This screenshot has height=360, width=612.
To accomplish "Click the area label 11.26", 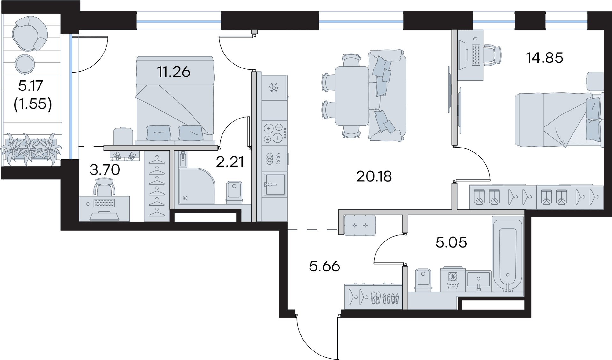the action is point(174,72).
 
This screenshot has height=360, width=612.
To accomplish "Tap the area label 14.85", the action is point(544,58).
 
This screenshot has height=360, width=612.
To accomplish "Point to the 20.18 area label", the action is point(374,176).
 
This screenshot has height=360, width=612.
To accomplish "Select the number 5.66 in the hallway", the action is point(324,266).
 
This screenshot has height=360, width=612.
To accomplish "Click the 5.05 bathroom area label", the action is point(451,242).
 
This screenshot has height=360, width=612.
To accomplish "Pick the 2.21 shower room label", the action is point(230,162).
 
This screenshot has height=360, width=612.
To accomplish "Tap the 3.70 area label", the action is point(105,170).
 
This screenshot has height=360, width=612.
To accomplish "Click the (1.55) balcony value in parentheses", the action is point(33,104).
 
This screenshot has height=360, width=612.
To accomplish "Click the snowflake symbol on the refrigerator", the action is point(273,88).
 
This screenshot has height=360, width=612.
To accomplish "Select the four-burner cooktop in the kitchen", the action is point(274,133).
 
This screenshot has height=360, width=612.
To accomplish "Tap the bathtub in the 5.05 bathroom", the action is point(508,254).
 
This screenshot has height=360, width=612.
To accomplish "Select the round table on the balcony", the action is point(25,64).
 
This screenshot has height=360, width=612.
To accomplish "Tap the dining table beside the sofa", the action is point(352,96).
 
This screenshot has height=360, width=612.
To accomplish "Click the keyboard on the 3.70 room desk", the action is point(104,203).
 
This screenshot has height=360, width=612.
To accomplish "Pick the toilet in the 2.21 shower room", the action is point(234,192).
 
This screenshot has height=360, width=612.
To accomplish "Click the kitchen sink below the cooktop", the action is point(274,184).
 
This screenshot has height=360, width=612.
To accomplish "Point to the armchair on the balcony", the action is point(30,33).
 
